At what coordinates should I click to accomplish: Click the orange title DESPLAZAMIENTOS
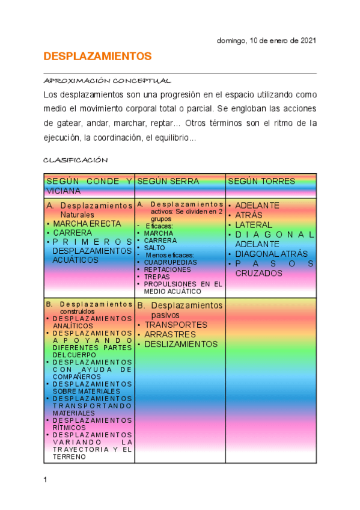click(x=97, y=57)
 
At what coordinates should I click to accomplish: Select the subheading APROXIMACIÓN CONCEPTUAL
click(x=108, y=81)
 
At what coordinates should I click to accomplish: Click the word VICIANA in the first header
click(x=64, y=191)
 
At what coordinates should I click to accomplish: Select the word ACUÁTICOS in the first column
click(x=76, y=260)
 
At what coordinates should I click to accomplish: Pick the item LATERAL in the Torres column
click(x=253, y=224)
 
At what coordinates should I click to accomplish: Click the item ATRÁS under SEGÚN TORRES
click(x=249, y=215)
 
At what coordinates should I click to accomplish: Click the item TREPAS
click(x=156, y=277)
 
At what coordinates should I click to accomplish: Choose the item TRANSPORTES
click(x=175, y=325)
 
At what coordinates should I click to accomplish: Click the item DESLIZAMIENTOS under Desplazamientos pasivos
click(x=181, y=344)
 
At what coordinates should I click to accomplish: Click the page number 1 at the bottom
click(x=45, y=480)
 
